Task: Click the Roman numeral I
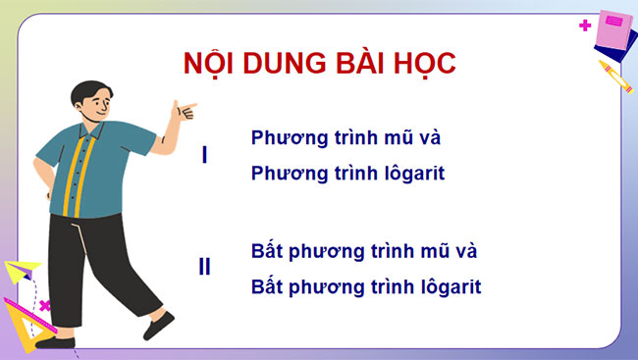204,155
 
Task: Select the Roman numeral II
204,266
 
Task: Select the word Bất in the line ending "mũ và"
268,250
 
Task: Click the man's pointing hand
183,110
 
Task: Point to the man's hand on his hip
43,186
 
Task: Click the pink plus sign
586,25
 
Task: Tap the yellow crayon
614,76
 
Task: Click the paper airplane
22,271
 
